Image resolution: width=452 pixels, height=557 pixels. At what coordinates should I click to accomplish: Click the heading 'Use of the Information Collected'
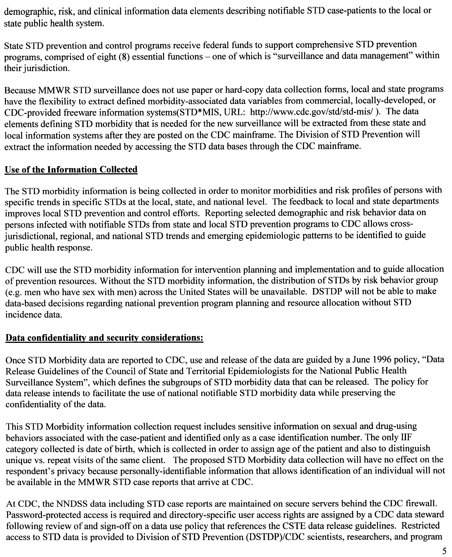[x=71, y=170]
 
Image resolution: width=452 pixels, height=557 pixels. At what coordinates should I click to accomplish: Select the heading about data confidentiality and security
[x=104, y=338]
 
